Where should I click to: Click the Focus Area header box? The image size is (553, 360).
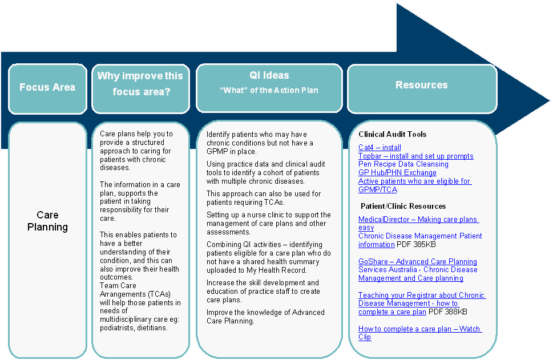pyautogui.click(x=47, y=88)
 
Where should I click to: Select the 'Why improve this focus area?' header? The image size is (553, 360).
pyautogui.click(x=140, y=83)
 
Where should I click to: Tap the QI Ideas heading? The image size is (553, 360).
pyautogui.click(x=269, y=75)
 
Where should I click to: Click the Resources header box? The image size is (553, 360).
pyautogui.click(x=422, y=86)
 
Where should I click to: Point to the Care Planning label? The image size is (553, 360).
pyautogui.click(x=48, y=221)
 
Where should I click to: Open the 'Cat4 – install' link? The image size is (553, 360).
pyautogui.click(x=380, y=148)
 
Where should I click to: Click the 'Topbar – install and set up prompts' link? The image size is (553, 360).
pyautogui.click(x=415, y=156)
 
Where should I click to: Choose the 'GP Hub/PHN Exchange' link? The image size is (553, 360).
pyautogui.click(x=397, y=172)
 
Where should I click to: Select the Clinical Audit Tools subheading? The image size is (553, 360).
pyautogui.click(x=393, y=135)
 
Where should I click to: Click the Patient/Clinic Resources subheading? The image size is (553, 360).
pyautogui.click(x=403, y=206)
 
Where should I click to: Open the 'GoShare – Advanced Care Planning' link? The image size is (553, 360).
pyautogui.click(x=418, y=261)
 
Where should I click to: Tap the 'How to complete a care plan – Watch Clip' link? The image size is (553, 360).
pyautogui.click(x=419, y=333)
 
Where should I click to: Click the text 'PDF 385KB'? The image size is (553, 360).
pyautogui.click(x=416, y=245)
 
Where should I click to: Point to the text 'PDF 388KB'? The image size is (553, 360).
pyautogui.click(x=448, y=312)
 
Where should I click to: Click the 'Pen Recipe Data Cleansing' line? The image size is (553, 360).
pyautogui.click(x=403, y=164)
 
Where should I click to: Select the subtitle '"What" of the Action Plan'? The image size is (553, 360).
pyautogui.click(x=269, y=90)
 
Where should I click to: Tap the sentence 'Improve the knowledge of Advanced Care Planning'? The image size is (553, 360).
pyautogui.click(x=265, y=316)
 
